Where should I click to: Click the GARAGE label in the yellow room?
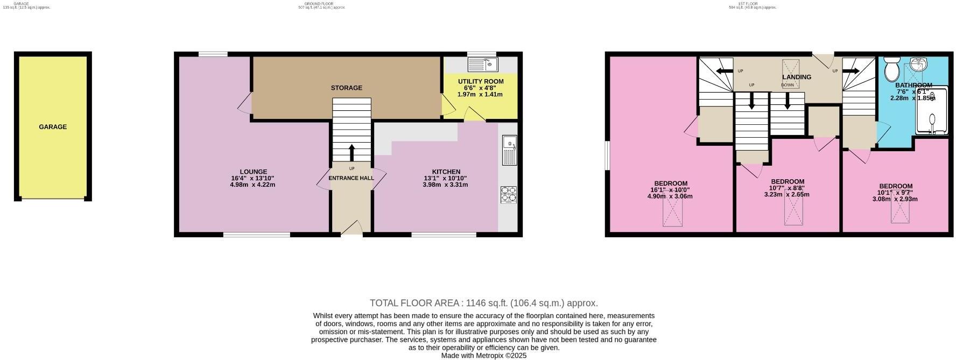[53, 127]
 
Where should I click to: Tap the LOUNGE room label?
[253, 172]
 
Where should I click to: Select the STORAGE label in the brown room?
[346, 88]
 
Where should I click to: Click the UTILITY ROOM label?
[481, 82]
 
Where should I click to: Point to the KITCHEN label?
[446, 172]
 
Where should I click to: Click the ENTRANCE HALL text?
[351, 178]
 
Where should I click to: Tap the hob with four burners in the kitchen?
[508, 194]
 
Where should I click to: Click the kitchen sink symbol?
[509, 150]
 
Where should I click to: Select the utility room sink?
[483, 65]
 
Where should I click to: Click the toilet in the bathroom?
[891, 70]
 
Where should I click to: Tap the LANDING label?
[797, 77]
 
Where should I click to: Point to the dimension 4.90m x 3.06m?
[670, 196]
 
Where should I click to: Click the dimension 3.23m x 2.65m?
[787, 195]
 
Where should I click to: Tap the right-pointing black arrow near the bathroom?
[851, 71]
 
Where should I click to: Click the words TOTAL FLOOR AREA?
[415, 303]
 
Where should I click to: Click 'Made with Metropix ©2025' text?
[483, 356]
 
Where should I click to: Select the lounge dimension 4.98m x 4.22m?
[252, 185]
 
